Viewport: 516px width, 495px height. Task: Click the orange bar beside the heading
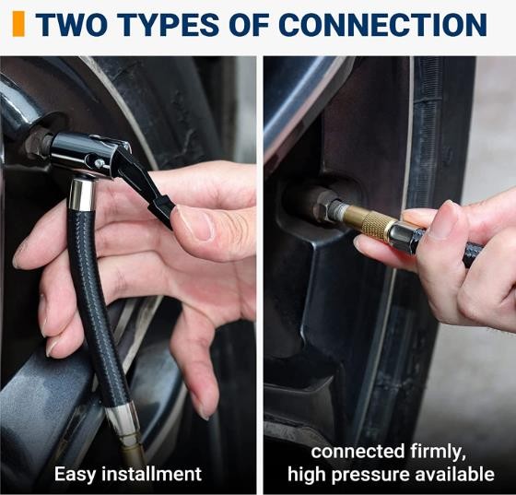pyautogui.click(x=18, y=24)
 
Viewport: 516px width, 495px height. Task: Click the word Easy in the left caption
pyautogui.click(x=75, y=475)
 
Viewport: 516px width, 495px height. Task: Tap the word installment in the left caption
pyautogui.click(x=151, y=474)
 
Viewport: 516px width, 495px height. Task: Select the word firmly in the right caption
pyautogui.click(x=438, y=452)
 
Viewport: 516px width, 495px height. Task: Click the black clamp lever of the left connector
pyautogui.click(x=145, y=184)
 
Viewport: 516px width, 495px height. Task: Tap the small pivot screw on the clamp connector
pyautogui.click(x=98, y=162)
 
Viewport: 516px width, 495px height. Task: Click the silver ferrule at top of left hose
pyautogui.click(x=82, y=194)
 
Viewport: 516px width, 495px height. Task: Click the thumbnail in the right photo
pyautogui.click(x=442, y=218)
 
